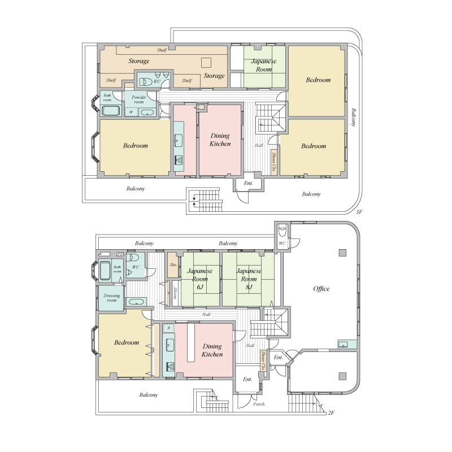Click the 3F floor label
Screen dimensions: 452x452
359,212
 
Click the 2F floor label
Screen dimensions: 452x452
331,412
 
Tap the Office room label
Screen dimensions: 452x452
321,289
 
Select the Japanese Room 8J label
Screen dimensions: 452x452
249,279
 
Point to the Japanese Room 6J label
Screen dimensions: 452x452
200,279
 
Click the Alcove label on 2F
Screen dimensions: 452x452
175,293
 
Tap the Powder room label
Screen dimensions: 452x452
138,99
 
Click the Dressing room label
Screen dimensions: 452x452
111,298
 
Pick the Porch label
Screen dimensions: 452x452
259,404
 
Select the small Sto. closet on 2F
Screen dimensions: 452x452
173,265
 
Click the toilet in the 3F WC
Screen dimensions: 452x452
146,82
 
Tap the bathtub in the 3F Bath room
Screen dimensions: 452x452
111,111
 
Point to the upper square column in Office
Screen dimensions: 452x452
342,253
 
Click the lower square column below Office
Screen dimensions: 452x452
342,376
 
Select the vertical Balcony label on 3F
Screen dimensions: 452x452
354,118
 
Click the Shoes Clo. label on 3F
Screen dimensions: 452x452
273,162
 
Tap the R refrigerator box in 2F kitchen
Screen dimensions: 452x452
168,328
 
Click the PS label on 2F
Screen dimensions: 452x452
120,254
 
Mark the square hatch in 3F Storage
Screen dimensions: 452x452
206,63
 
